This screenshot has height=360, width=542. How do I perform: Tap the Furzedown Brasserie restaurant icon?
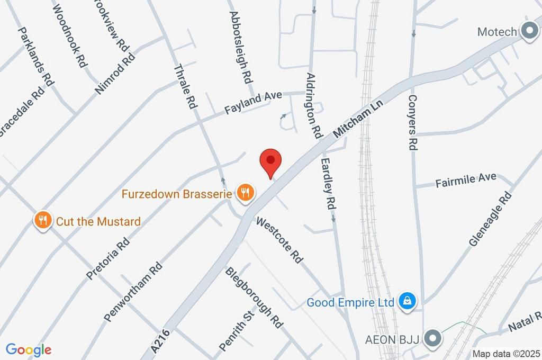[245, 192]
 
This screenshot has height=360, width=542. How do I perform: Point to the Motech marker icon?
[529, 31]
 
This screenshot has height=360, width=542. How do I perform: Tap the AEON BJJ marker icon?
[433, 338]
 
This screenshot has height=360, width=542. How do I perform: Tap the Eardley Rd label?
[329, 183]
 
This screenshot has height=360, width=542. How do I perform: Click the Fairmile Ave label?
[466, 180]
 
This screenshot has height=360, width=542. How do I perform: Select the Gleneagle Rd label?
[491, 219]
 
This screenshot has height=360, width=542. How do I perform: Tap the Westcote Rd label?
[279, 240]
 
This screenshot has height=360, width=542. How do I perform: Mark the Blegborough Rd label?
[254, 298]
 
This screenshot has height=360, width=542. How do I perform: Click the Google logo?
[29, 349]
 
